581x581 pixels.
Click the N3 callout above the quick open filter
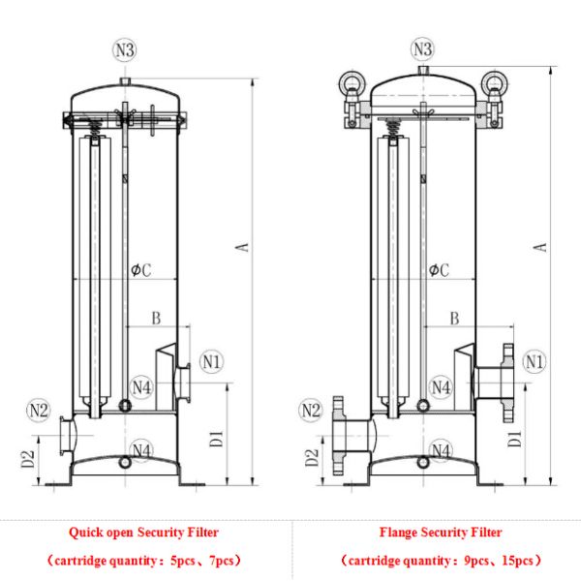127,48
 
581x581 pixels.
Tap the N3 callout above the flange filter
423,48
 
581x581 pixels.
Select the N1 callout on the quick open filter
212,362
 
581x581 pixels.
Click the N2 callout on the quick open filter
38,411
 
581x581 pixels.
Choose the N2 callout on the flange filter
310,411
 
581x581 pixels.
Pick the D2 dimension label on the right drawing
312,456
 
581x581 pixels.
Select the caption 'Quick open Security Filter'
143,532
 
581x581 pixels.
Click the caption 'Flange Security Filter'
441,532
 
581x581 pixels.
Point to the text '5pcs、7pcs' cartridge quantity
200,561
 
